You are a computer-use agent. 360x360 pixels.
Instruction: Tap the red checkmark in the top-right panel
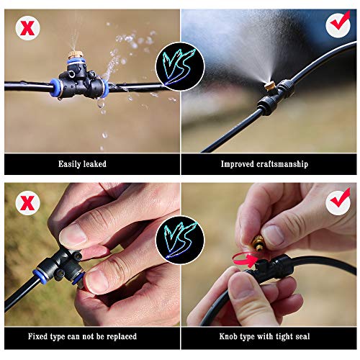[x=338, y=24]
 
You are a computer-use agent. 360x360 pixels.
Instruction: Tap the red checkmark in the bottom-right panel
[x=338, y=202]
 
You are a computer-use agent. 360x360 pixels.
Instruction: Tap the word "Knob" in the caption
[x=230, y=336]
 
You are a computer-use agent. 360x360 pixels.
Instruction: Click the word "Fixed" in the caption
[x=40, y=336]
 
